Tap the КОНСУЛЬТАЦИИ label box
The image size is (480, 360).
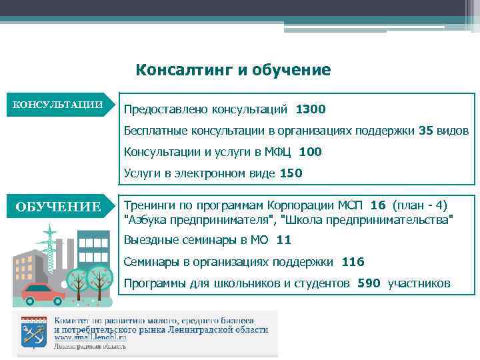59,105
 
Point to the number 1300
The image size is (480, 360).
310,109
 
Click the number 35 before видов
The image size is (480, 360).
426,129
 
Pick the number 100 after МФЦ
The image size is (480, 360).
310,151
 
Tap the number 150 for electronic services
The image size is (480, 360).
291,173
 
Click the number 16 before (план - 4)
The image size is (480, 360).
378,204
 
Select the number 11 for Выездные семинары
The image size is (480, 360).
283,240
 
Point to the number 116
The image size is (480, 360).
353,262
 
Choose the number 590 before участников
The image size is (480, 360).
369,283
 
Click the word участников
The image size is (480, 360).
419,283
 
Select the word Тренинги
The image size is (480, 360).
150,204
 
